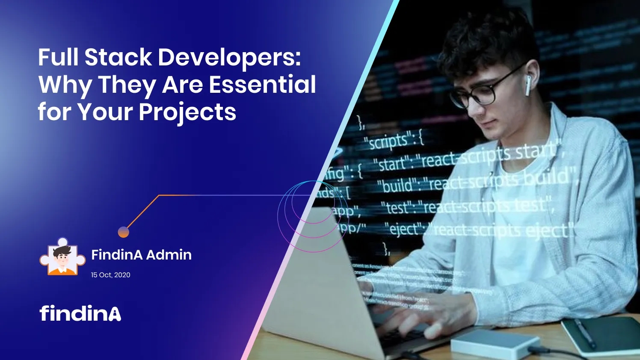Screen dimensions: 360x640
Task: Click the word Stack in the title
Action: (x=118, y=57)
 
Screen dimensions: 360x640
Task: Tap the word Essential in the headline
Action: (x=262, y=84)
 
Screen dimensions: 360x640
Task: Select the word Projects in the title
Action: (x=187, y=112)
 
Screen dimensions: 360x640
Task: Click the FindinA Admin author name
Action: (x=141, y=255)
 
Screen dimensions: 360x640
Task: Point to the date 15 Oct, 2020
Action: (x=110, y=275)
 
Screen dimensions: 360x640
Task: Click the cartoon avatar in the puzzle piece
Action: (x=62, y=258)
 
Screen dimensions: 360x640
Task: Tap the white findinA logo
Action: (x=80, y=313)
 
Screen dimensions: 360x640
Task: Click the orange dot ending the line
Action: (x=123, y=232)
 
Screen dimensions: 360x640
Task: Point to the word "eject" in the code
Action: (x=404, y=229)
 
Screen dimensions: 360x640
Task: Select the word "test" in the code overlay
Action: (x=397, y=208)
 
